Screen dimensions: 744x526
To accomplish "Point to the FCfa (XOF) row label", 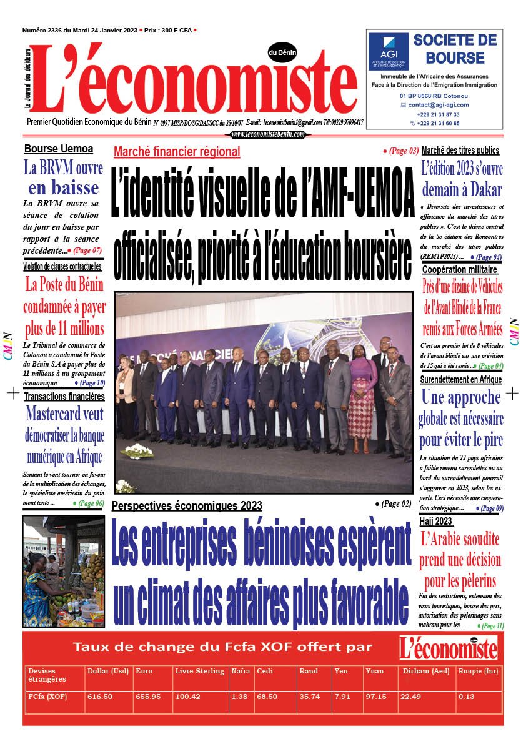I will pos(47,697).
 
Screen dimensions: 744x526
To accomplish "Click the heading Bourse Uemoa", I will pos(59,149).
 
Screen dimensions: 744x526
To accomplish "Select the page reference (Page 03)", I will pos(400,151).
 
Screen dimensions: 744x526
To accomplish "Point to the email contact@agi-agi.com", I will pos(438,105).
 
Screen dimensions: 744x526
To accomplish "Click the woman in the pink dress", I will pos(362,397).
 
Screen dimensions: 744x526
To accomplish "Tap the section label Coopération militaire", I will pos(460,269).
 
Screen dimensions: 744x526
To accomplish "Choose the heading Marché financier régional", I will pos(177,151).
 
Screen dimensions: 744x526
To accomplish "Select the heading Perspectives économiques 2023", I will pos(187,505).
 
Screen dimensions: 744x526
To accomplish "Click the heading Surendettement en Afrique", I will pos(461,380).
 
